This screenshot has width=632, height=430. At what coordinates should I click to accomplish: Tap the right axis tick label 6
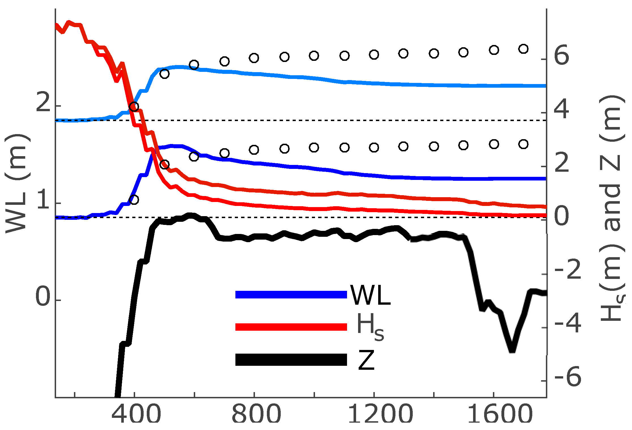pyautogui.click(x=561, y=56)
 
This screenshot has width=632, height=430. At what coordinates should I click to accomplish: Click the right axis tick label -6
pyautogui.click(x=568, y=377)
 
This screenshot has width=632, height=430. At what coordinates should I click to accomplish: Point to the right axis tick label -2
pyautogui.click(x=568, y=270)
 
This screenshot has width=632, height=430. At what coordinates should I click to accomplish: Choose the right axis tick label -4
pyautogui.click(x=568, y=324)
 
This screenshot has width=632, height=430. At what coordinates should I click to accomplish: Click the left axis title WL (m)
pyautogui.click(x=17, y=184)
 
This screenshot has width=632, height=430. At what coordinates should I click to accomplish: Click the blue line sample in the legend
pyautogui.click(x=291, y=294)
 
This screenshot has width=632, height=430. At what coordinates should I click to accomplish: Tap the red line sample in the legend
pyautogui.click(x=291, y=327)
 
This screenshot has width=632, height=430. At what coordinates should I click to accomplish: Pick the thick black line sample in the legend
pyautogui.click(x=291, y=360)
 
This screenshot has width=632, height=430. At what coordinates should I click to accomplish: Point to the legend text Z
pyautogui.click(x=366, y=360)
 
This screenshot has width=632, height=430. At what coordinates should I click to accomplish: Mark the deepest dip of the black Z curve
pyautogui.click(x=512, y=351)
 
